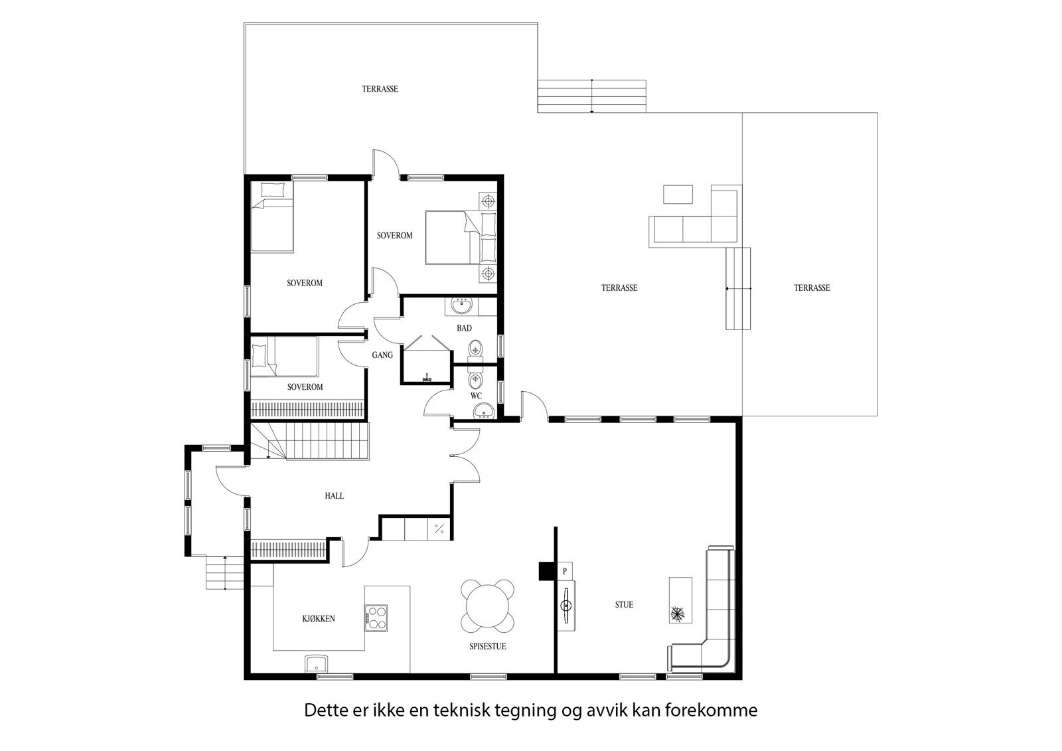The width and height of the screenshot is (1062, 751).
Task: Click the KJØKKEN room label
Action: [x=318, y=618]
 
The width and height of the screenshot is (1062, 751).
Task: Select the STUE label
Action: [x=624, y=605]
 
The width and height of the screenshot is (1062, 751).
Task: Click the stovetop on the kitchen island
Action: [x=376, y=617]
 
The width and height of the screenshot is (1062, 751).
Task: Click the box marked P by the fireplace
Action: [x=565, y=570]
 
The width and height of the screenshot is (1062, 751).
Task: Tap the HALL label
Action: [x=334, y=496]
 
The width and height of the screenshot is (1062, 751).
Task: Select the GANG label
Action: [x=382, y=355]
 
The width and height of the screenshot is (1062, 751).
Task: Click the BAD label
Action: [x=464, y=328]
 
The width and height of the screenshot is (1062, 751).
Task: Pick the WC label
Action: [x=476, y=396]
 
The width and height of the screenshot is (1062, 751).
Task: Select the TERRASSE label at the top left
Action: [x=380, y=89]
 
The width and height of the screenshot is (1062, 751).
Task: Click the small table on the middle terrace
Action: [x=678, y=194]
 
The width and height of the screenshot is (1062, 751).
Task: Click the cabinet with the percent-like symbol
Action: [x=439, y=529]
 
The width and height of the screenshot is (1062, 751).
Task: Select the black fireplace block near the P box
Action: [x=547, y=571]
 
